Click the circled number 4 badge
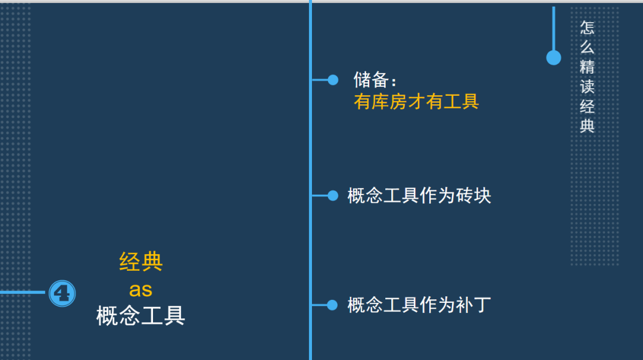point(62,293)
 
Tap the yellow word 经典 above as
point(141,262)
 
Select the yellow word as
point(141,289)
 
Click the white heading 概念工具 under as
point(141,316)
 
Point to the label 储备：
point(375,80)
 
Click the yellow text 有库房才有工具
point(416,102)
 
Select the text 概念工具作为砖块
point(419,196)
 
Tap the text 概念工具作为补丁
point(419,305)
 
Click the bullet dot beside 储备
point(333,80)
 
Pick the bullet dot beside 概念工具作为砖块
point(333,196)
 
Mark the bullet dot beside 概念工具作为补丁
point(333,305)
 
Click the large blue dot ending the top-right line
point(554,58)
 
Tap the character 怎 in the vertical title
point(588,28)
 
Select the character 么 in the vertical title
point(588,48)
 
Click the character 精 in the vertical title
point(588,67)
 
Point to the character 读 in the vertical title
point(588,87)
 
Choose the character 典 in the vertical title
point(588,126)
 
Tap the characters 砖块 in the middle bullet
point(473,196)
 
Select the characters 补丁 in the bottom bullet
point(473,305)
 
